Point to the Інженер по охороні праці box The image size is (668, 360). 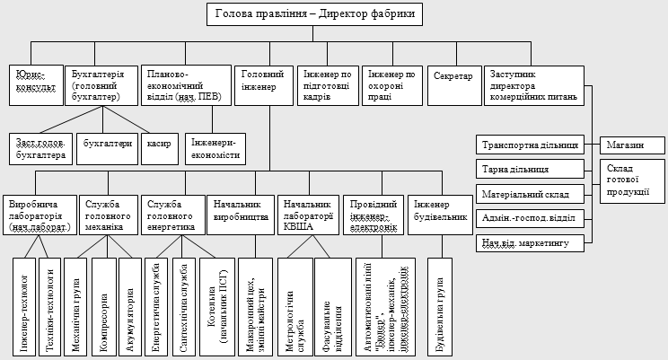coord(391,86)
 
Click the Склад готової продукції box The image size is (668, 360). coord(633,180)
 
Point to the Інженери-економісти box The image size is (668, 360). coord(215,148)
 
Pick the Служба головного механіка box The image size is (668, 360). coord(108,215)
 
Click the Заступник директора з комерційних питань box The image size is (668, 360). coord(534,86)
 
